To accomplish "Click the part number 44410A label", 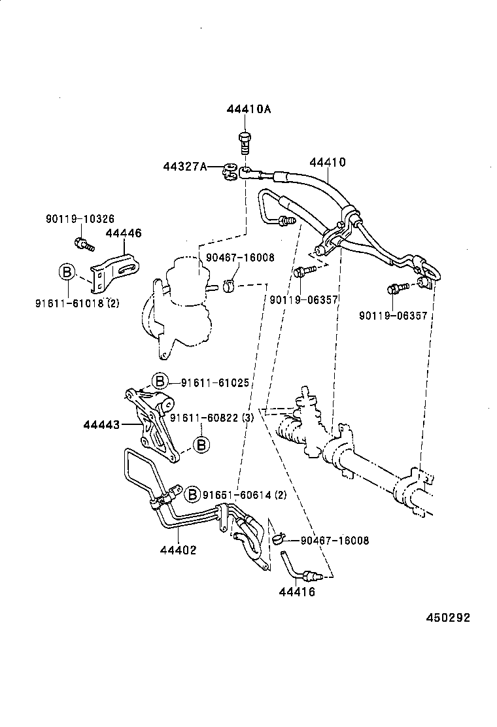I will (x=248, y=109).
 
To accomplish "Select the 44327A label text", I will (x=185, y=167).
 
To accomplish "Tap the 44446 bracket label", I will (x=123, y=233).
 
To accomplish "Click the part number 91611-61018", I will (x=70, y=303).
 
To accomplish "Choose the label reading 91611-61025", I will (x=215, y=382).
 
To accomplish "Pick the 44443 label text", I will (x=101, y=425).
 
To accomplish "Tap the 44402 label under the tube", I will (x=178, y=550).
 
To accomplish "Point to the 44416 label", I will (x=297, y=592).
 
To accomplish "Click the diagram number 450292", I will (x=448, y=617).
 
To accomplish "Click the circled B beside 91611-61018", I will (x=67, y=273).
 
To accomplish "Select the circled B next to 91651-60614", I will (x=193, y=494).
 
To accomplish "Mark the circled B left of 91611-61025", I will (x=160, y=382).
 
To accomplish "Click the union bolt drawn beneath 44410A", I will (x=244, y=141).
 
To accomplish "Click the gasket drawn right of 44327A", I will (x=229, y=171).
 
